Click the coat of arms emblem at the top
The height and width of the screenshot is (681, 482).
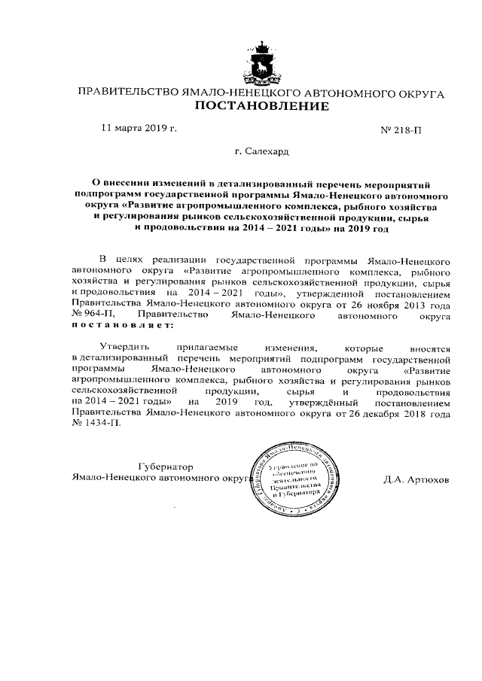click(x=263, y=62)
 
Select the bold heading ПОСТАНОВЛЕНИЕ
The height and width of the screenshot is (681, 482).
click(x=262, y=107)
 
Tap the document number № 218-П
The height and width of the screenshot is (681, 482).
click(x=402, y=130)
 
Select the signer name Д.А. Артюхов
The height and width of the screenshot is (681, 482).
click(x=414, y=479)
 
